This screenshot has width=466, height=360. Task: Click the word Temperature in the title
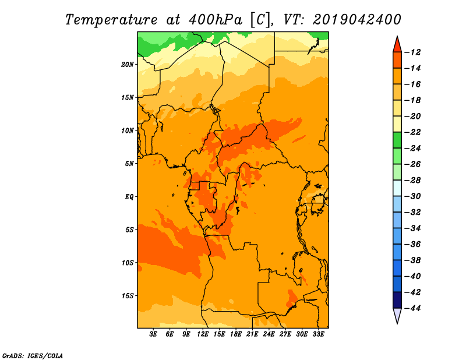(111, 20)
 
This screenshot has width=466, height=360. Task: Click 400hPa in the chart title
(216, 20)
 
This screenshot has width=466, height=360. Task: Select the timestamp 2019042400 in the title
(356, 20)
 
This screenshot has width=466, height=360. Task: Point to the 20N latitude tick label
(127, 64)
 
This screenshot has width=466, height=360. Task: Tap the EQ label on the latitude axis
(129, 196)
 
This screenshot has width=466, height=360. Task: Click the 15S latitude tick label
(127, 295)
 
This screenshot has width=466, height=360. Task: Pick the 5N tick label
(129, 164)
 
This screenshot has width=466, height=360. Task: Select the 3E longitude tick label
(153, 334)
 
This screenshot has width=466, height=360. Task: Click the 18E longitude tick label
(235, 334)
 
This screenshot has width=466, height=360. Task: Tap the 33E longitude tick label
(318, 334)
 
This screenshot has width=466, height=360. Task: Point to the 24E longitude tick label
(269, 334)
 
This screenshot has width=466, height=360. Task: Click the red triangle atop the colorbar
(397, 45)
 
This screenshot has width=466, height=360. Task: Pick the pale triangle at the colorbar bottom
(397, 315)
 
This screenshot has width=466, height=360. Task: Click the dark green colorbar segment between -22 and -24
(397, 140)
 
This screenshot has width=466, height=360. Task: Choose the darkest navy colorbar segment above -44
(397, 300)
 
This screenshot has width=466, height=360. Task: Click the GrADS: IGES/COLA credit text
(33, 355)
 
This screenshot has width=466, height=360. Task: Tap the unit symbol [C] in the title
(260, 20)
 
